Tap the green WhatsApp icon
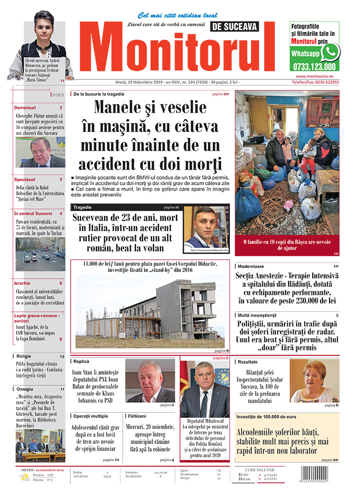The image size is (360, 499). (x=330, y=52)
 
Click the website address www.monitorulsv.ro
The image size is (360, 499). (x=314, y=76)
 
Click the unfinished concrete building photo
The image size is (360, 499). (x=150, y=309)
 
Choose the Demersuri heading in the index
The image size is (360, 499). (x=25, y=107)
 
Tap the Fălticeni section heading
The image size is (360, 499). (x=137, y=416)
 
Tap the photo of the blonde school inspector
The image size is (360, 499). (x=314, y=381)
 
